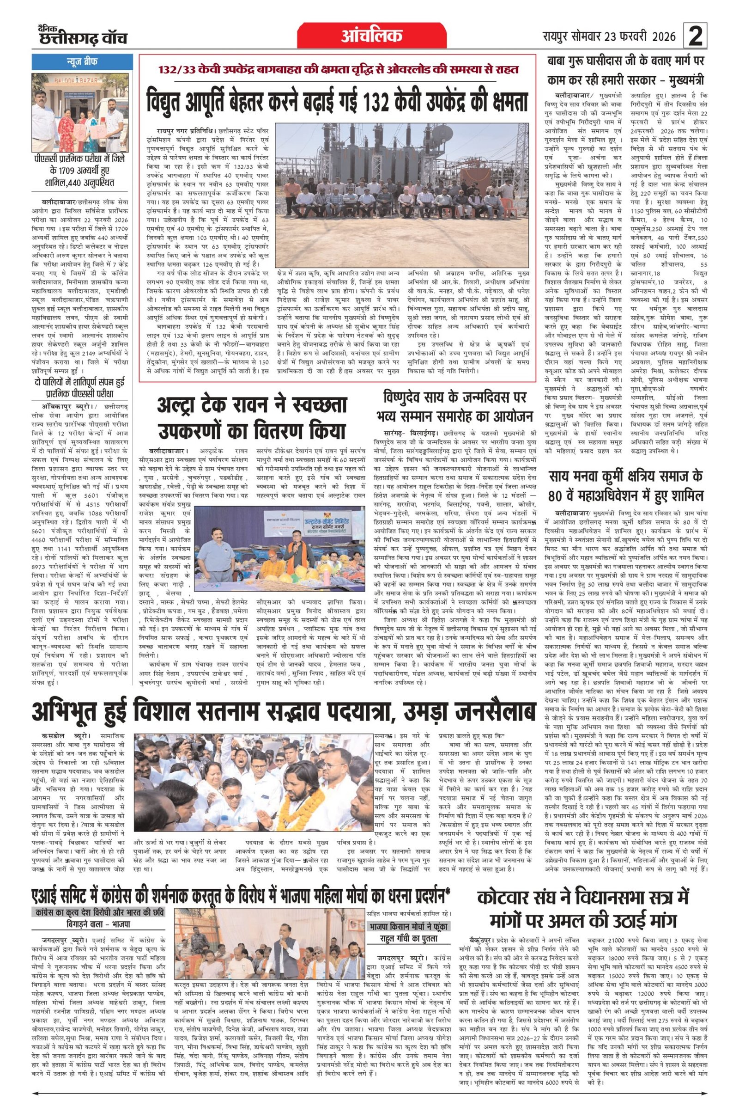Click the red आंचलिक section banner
[x=371, y=35]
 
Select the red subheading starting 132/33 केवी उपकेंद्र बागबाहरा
[x=338, y=69]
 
